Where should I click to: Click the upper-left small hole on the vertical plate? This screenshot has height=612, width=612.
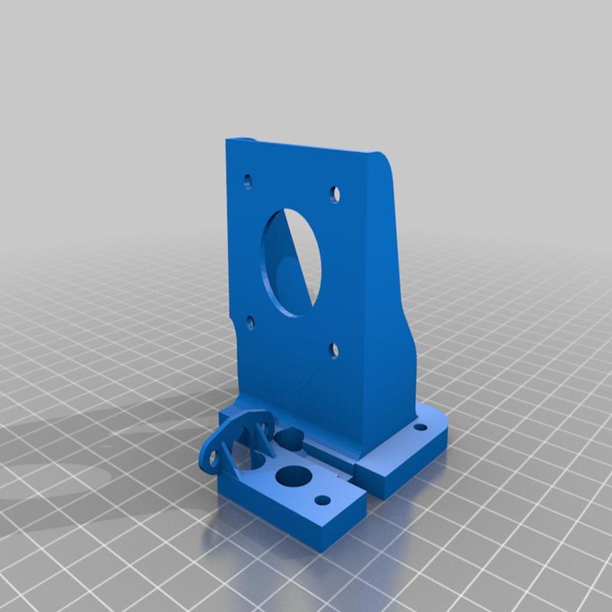click(248, 182)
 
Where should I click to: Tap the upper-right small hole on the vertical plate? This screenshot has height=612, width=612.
click(334, 194)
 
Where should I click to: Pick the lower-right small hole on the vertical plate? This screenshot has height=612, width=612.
click(334, 350)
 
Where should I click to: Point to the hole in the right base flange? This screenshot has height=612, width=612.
click(419, 423)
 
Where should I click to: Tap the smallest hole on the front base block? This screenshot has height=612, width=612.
click(324, 500)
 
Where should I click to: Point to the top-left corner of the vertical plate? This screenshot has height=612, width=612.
click(227, 141)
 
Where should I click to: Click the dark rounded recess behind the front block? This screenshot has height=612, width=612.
click(291, 439)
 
